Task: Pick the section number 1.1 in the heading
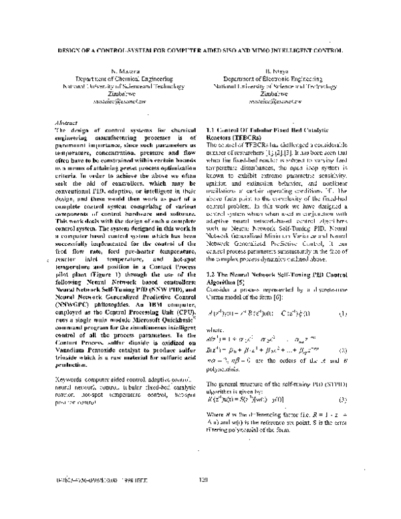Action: (x=213, y=128)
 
